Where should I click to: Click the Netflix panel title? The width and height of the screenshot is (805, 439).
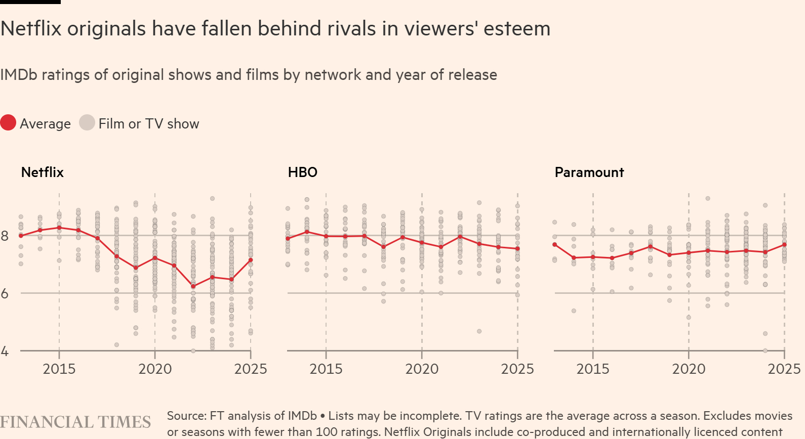pyautogui.click(x=43, y=172)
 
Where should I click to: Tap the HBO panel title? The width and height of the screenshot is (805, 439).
pyautogui.click(x=303, y=172)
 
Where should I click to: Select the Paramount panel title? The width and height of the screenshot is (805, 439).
pyautogui.click(x=589, y=172)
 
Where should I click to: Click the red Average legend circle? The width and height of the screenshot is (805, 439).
pyautogui.click(x=8, y=123)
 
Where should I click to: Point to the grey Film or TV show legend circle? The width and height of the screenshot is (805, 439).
pyautogui.click(x=87, y=123)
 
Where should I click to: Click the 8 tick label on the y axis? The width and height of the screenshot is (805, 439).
pyautogui.click(x=5, y=236)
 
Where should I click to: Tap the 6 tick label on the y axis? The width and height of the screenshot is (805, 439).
pyautogui.click(x=5, y=293)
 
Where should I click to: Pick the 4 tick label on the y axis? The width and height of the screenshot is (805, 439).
pyautogui.click(x=5, y=351)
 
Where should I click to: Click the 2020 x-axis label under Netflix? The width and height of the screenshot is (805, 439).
pyautogui.click(x=155, y=369)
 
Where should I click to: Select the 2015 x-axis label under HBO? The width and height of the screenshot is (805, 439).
pyautogui.click(x=326, y=369)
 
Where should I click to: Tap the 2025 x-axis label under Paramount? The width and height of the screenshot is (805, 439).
pyautogui.click(x=784, y=369)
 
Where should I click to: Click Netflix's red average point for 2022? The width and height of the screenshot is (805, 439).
pyautogui.click(x=193, y=286)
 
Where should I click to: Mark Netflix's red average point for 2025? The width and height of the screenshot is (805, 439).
pyautogui.click(x=251, y=260)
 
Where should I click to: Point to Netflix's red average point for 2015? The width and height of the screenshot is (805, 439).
pyautogui.click(x=59, y=228)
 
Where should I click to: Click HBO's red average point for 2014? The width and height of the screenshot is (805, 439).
pyautogui.click(x=307, y=232)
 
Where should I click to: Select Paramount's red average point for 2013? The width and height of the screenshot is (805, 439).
pyautogui.click(x=555, y=245)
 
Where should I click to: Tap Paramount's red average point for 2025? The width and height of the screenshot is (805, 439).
pyautogui.click(x=784, y=245)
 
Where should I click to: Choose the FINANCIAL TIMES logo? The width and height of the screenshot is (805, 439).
pyautogui.click(x=75, y=422)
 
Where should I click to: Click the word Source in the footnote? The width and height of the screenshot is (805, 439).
pyautogui.click(x=186, y=416)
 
